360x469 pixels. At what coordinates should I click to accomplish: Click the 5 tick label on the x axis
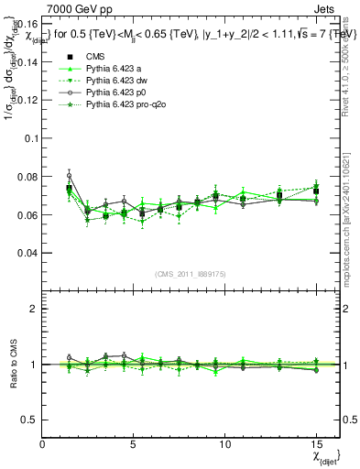tap(134, 444)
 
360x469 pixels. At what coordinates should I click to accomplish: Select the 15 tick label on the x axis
tap(316, 444)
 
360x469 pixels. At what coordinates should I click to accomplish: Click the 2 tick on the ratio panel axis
tap(34, 309)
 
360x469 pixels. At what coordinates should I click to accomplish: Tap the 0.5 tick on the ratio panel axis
tap(29, 420)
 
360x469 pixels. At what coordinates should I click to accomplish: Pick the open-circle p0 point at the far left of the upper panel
tap(69, 175)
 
